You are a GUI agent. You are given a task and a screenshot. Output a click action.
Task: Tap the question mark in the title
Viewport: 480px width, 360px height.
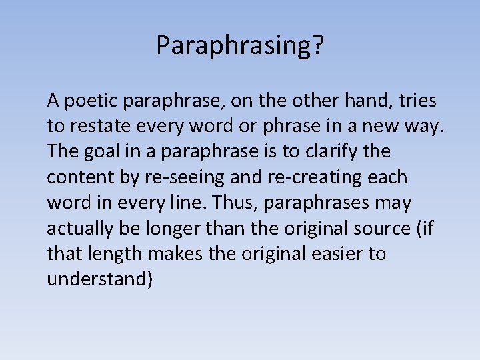pos(318,45)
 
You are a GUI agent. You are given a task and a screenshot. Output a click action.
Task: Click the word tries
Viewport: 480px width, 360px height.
pos(418,101)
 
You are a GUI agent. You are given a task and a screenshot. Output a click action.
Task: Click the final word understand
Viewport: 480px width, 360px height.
pos(97,279)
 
